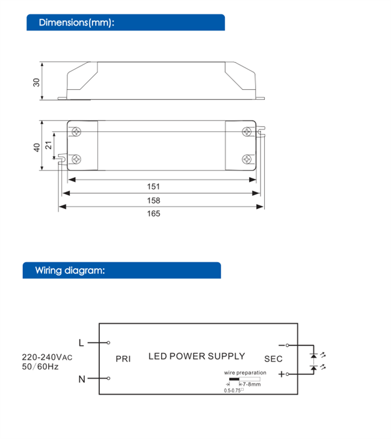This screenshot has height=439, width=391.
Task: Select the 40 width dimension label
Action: [x=36, y=146]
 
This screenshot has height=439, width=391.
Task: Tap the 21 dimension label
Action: [x=48, y=145]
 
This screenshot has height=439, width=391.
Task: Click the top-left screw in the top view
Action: [x=76, y=131]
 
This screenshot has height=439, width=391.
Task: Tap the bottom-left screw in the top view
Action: [x=76, y=159]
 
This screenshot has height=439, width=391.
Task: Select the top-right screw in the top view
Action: [x=246, y=131]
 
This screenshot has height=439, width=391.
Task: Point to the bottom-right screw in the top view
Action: [x=246, y=159]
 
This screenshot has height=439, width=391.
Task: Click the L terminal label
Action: [x=81, y=342]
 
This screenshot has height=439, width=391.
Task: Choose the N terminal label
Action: [x=81, y=379]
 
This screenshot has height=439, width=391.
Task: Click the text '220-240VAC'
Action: [x=47, y=356]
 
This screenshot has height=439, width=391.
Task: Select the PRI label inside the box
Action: [x=123, y=358]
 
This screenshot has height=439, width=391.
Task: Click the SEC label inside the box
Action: [x=273, y=359]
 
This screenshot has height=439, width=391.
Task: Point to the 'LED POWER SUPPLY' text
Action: [x=197, y=356]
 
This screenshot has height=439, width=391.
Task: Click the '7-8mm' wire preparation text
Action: [x=252, y=384]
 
